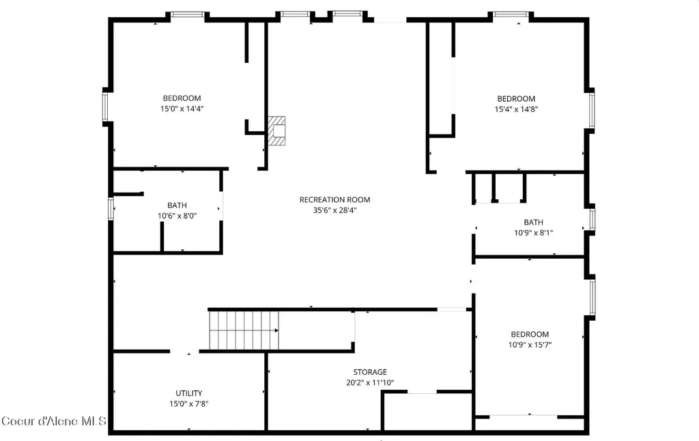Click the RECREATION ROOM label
click(334, 200)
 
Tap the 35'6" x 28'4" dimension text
click(334, 210)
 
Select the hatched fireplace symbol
click(276, 130)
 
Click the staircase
click(244, 330)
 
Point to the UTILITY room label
click(188, 393)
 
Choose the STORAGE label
click(370, 372)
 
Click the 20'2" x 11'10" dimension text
click(370, 382)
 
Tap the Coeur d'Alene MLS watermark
click(53, 421)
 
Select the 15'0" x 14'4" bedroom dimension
click(182, 109)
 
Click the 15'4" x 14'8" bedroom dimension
click(516, 109)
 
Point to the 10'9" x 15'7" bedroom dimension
click(530, 345)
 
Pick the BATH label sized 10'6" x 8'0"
click(177, 205)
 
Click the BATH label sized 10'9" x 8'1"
click(534, 222)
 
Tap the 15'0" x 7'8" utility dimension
click(188, 404)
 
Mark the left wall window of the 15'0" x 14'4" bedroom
click(105, 106)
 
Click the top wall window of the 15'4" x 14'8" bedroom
click(511, 15)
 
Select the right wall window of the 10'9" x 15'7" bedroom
click(593, 297)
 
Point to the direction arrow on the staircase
click(276, 330)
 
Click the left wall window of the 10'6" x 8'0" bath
click(111, 208)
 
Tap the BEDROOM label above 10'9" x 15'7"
click(530, 335)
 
